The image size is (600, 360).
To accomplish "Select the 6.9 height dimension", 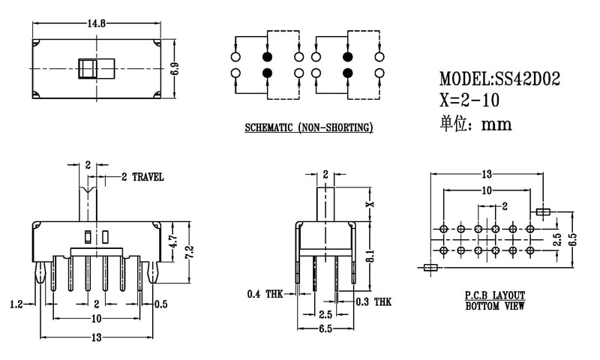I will pos(175,68).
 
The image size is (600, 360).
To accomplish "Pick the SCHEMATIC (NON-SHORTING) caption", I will pos(309,128).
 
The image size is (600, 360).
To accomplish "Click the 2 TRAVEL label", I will pos(142,177).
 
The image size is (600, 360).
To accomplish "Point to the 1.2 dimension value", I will pos(16,304).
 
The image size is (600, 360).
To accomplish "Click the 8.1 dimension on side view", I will pos(368,257).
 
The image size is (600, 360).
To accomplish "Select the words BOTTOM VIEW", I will pos(494,306).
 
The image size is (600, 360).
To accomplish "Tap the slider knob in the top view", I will pos(88,68).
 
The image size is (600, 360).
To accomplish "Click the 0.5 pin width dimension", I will pos(160,304).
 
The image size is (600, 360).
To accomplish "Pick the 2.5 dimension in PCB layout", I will pos(556,239).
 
